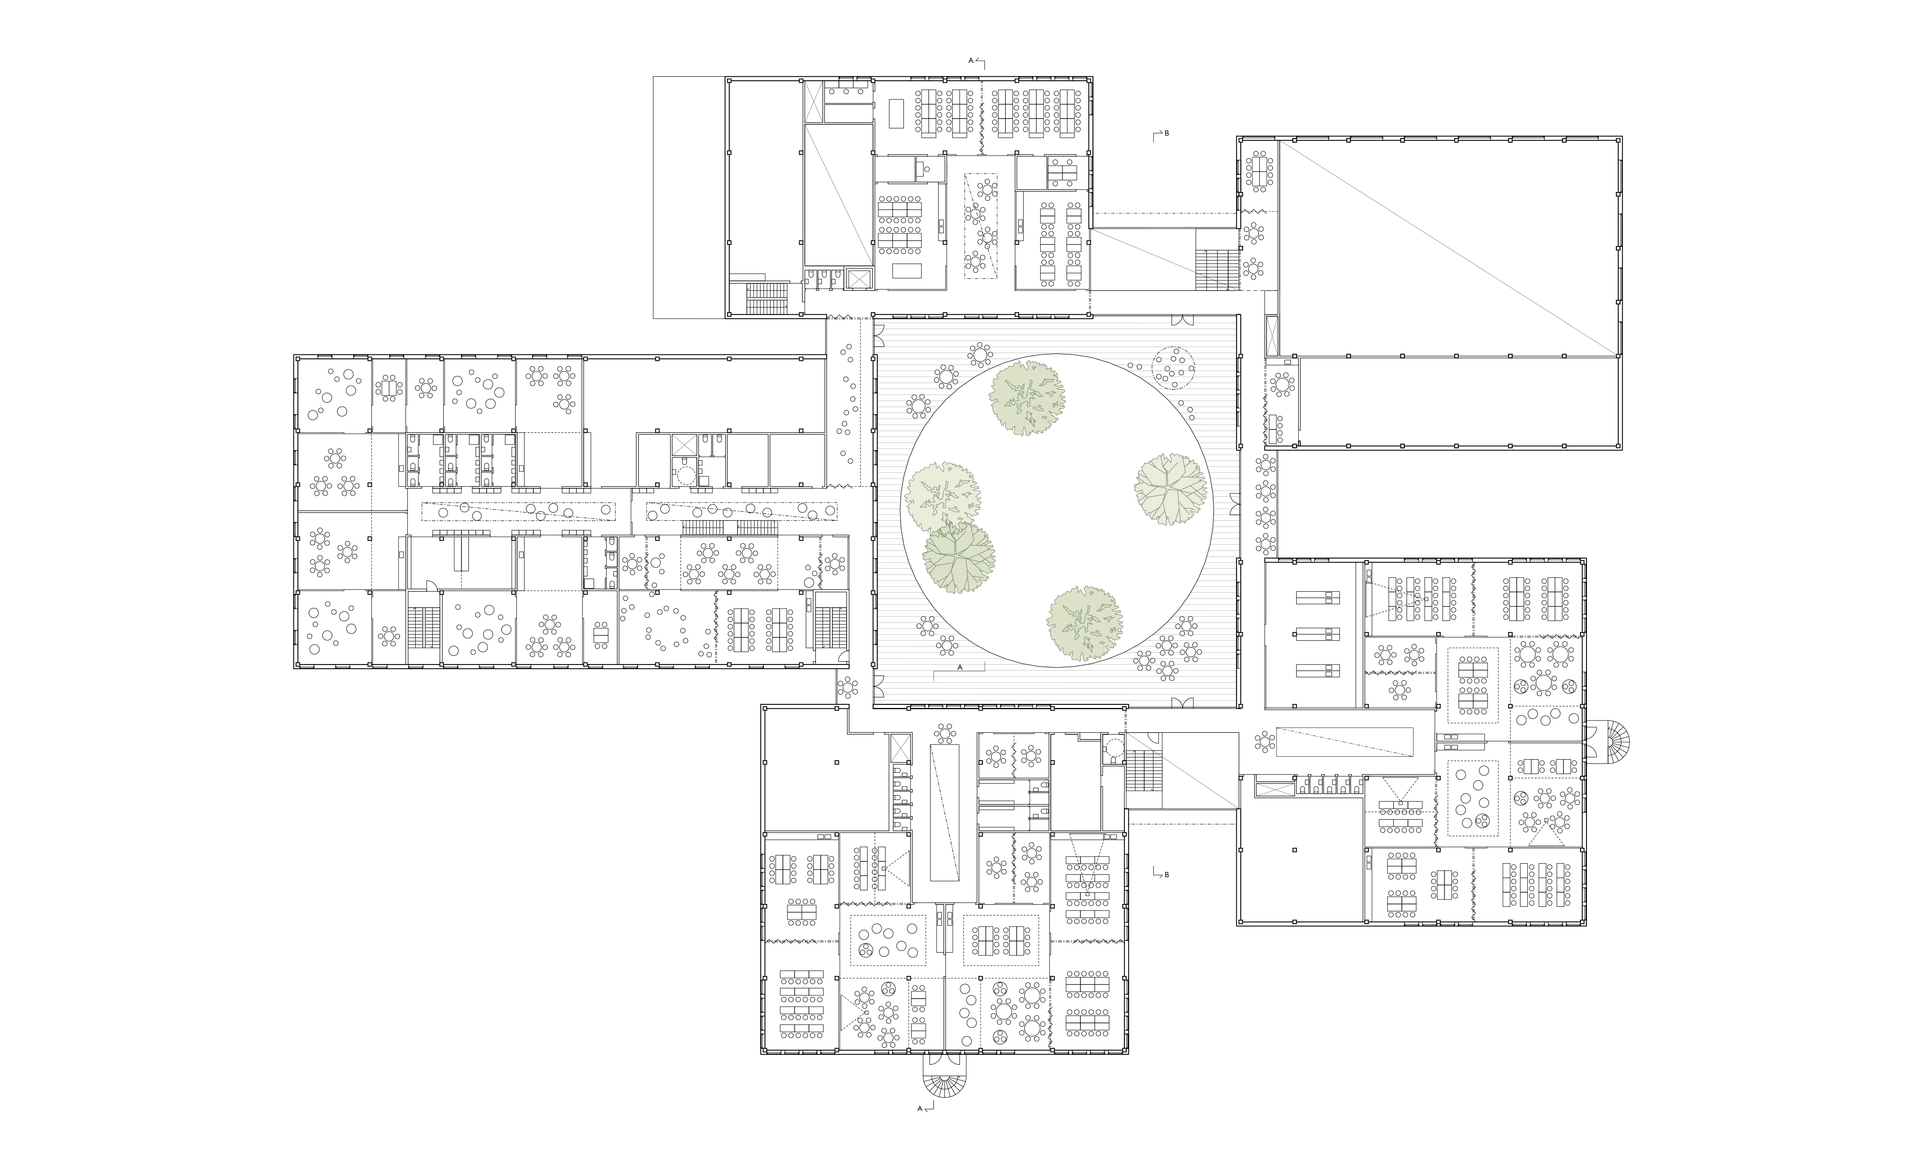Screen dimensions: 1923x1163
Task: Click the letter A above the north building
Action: (x=972, y=60)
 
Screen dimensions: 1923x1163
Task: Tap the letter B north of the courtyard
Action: (x=1167, y=134)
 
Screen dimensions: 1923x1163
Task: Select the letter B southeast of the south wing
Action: (x=1167, y=875)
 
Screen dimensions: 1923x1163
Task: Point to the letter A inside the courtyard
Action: (x=960, y=667)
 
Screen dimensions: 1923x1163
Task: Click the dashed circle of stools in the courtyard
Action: (x=1174, y=368)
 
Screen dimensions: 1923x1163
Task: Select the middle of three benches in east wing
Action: (x=1318, y=634)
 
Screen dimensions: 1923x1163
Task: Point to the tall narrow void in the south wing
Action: (x=944, y=813)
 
